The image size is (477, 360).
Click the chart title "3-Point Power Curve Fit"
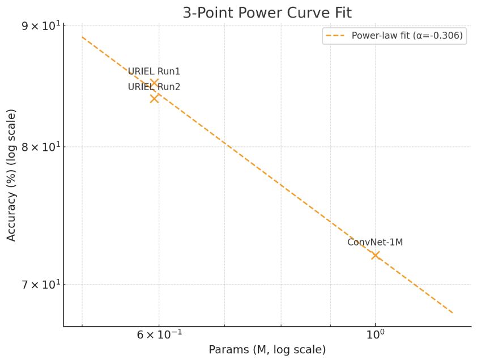click(x=267, y=13)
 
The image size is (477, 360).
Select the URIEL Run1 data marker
click(x=154, y=83)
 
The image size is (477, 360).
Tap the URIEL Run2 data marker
click(x=154, y=98)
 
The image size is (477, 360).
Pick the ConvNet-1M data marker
click(x=375, y=255)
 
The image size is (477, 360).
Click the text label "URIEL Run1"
click(x=154, y=72)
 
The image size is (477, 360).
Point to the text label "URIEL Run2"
click(x=154, y=87)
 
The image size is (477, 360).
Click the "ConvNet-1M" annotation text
click(x=375, y=243)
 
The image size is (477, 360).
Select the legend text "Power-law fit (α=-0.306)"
click(x=407, y=36)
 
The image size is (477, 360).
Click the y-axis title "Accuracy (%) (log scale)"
click(x=12, y=176)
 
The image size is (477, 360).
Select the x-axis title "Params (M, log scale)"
click(x=267, y=350)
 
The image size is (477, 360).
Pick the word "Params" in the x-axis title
click(x=225, y=350)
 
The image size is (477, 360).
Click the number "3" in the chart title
click(x=187, y=13)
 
